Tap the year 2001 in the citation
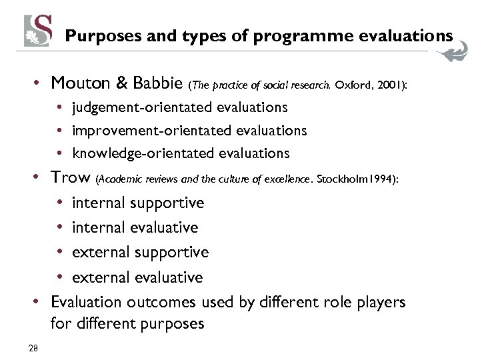pos(386,85)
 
